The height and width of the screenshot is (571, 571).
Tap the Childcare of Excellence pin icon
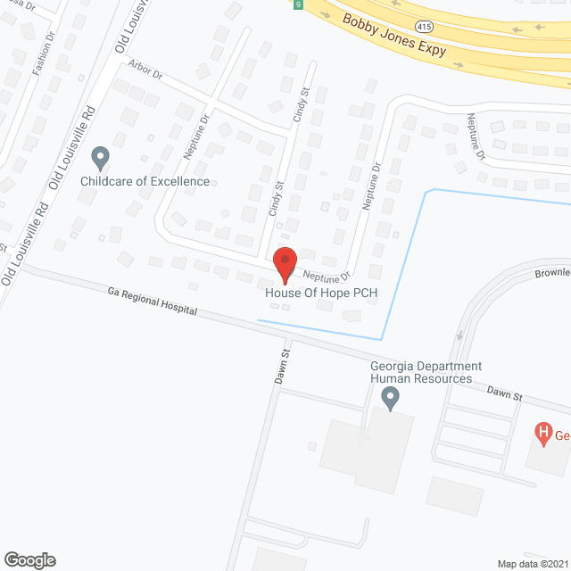point(100,159)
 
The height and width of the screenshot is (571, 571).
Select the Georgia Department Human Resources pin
point(389,397)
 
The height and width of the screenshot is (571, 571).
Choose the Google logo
point(29,560)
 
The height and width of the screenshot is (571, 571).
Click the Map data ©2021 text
point(532,564)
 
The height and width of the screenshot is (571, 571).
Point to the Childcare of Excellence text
point(145,182)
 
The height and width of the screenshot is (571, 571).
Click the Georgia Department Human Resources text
point(426,373)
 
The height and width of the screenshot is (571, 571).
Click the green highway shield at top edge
point(297,4)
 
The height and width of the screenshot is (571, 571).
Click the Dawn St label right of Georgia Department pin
point(504,393)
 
